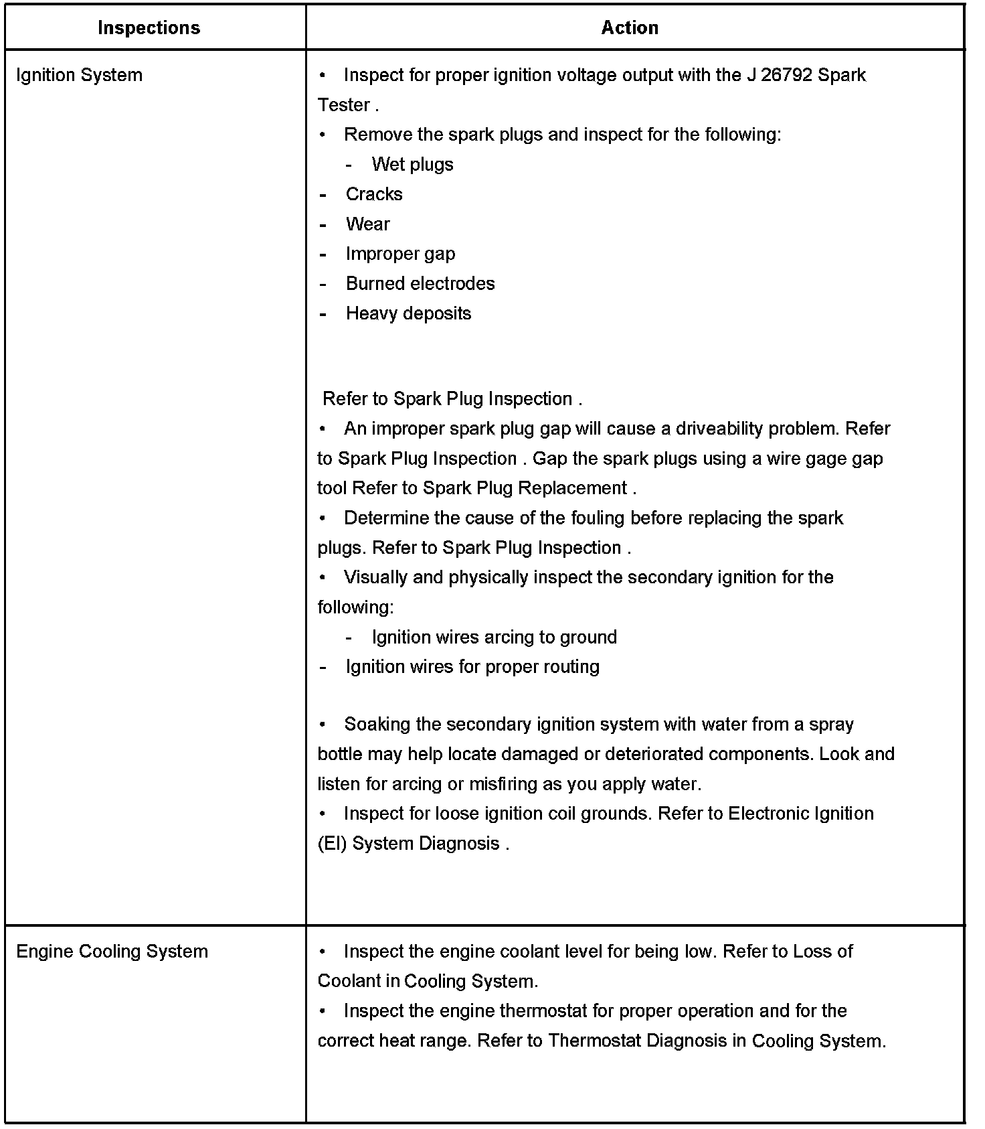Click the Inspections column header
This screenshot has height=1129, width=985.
(149, 27)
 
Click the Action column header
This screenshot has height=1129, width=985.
(630, 27)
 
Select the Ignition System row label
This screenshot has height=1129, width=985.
(79, 75)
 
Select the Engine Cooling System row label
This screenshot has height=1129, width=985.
(112, 952)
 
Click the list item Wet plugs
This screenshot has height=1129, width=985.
(412, 165)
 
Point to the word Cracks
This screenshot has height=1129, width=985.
(374, 194)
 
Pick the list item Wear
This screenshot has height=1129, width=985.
(367, 224)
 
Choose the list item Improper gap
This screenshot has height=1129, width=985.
(400, 254)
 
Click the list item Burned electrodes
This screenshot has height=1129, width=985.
(420, 284)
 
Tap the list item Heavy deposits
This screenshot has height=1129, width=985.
(408, 313)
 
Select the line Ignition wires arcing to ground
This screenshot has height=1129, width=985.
(494, 637)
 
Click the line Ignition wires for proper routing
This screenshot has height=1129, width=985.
(472, 667)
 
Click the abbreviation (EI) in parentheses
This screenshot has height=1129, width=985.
(332, 844)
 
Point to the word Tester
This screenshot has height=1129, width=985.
(344, 105)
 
